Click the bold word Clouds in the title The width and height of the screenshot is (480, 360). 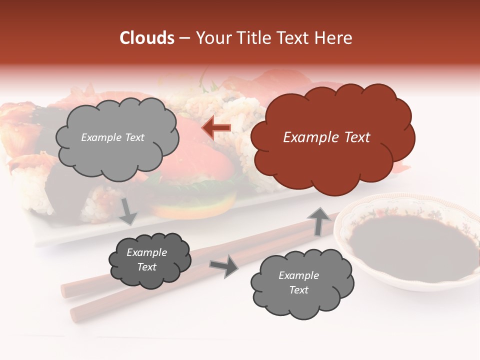point(147,38)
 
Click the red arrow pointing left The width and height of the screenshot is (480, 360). point(216,128)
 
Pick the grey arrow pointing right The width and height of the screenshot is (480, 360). point(223,266)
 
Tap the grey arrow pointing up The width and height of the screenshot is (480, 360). point(316,220)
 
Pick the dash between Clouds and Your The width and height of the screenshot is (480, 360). point(184,38)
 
